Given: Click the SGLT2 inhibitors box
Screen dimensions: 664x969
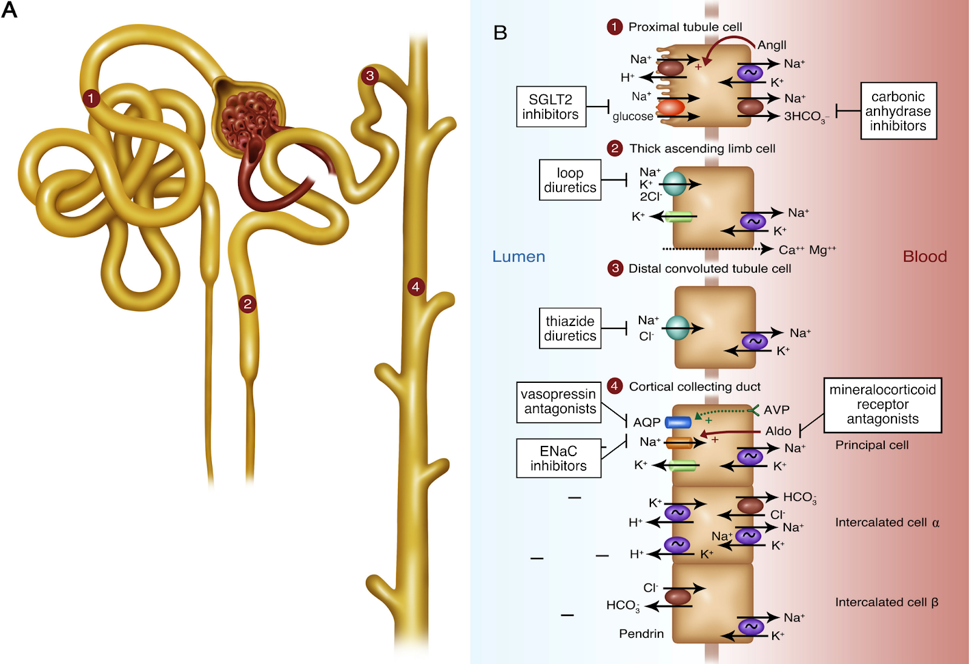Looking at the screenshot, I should coord(551,107).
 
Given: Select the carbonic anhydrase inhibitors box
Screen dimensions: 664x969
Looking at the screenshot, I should coord(898,111).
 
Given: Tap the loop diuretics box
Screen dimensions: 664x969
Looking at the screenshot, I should coord(570,180).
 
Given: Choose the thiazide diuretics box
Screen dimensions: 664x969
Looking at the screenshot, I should coord(570,328).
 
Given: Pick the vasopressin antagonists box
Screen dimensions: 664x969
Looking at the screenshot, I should coord(558,401).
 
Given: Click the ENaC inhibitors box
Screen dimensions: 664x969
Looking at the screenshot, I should coord(558,458).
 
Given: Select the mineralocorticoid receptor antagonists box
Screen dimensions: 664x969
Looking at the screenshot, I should coord(882,405).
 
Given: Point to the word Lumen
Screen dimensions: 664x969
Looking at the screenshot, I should coord(518,256).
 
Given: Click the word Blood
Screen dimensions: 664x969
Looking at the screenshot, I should coord(924,256).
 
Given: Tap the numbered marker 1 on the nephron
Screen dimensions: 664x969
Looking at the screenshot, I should coord(91,98).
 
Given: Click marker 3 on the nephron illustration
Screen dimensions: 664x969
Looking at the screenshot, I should coord(369,76).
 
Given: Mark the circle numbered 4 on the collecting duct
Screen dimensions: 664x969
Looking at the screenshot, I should coord(415,287).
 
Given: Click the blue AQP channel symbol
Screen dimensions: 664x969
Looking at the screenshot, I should coord(678,422).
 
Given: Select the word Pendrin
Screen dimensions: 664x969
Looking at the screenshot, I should coord(641,634).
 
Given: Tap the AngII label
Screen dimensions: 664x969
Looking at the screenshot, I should coord(772,45).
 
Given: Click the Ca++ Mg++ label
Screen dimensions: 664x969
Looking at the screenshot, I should coord(807,250).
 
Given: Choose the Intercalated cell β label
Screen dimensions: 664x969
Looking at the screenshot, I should coord(886,602).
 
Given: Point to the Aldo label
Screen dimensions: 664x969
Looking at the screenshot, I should coord(778,431).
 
